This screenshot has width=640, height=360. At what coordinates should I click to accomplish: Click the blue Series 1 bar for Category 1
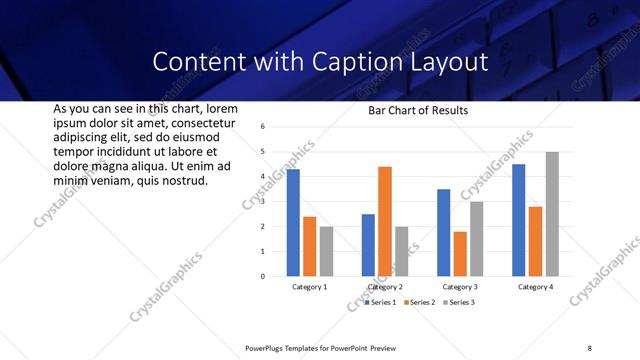(293, 223)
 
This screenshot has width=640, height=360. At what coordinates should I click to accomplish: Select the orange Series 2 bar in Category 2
(385, 221)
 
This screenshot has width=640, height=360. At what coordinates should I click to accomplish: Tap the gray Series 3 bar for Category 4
(552, 214)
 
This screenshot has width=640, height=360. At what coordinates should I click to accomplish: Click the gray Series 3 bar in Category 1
(327, 251)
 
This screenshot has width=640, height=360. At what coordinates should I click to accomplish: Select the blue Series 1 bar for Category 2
(368, 245)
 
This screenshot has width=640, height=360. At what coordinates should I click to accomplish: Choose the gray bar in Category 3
(477, 239)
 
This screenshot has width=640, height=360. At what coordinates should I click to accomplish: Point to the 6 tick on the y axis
(261, 127)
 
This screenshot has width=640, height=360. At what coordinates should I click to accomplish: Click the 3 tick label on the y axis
(261, 202)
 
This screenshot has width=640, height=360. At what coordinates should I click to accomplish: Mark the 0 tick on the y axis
(261, 276)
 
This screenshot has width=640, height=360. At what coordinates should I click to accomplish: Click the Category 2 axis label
(385, 287)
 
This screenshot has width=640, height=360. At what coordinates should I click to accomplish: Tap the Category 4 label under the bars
(535, 287)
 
